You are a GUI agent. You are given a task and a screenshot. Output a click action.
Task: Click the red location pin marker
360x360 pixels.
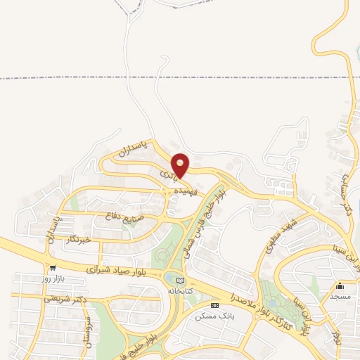click(x=181, y=165)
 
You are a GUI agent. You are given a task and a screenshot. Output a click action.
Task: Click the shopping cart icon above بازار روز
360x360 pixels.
click(x=53, y=267)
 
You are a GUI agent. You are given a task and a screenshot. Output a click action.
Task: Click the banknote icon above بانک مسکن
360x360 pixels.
click(x=214, y=306)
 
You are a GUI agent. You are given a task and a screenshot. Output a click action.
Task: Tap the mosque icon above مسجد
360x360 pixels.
click(x=340, y=285)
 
